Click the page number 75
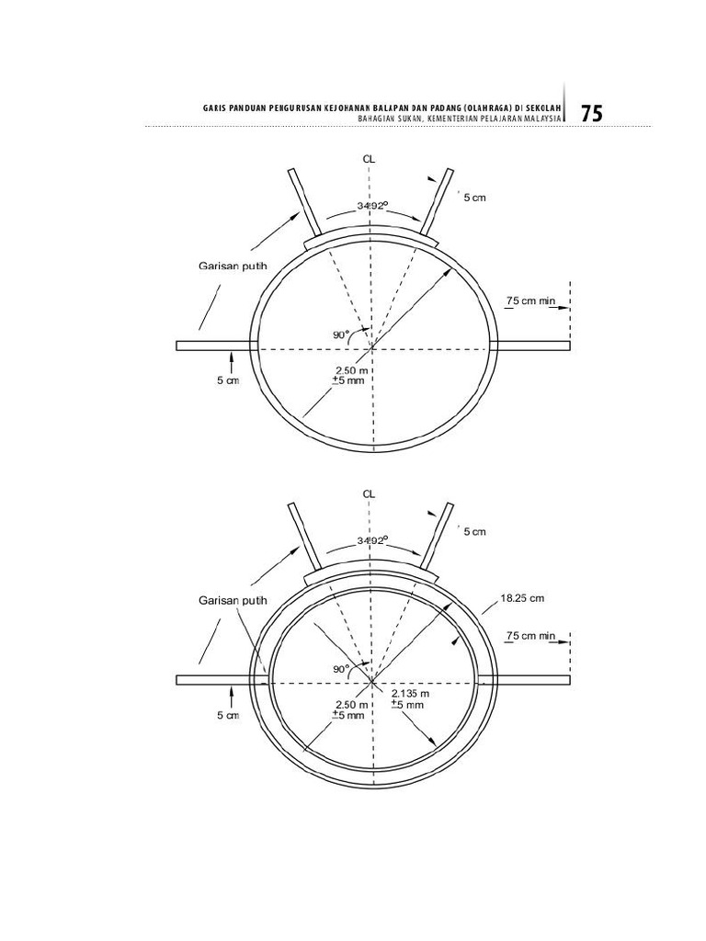[x=591, y=113]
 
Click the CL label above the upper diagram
[x=369, y=160]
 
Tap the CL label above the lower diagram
[x=369, y=494]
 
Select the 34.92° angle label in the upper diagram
[x=373, y=205]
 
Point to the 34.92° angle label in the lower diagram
[x=373, y=540]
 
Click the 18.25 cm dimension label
[x=522, y=598]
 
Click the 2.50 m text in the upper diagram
[x=351, y=370]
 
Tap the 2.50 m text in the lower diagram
[x=351, y=705]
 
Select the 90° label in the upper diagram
[x=341, y=334]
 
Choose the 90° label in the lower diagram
[x=341, y=669]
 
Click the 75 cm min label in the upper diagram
[x=530, y=300]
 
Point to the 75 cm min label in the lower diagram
[x=530, y=636]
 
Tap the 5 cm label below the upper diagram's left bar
[x=228, y=380]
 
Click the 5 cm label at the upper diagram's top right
[x=474, y=198]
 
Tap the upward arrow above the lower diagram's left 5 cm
[x=231, y=697]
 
